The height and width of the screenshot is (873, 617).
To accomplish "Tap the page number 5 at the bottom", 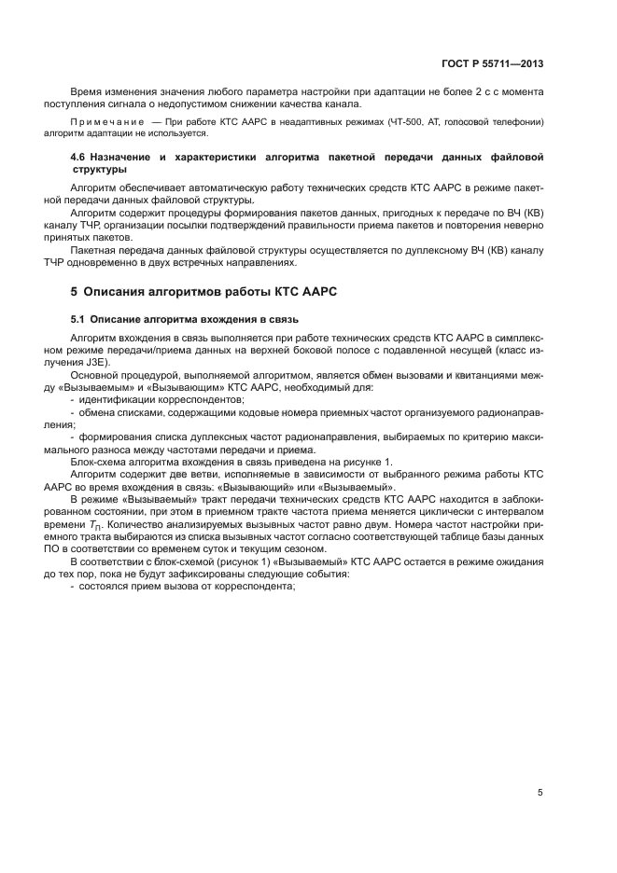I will click(x=540, y=793).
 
